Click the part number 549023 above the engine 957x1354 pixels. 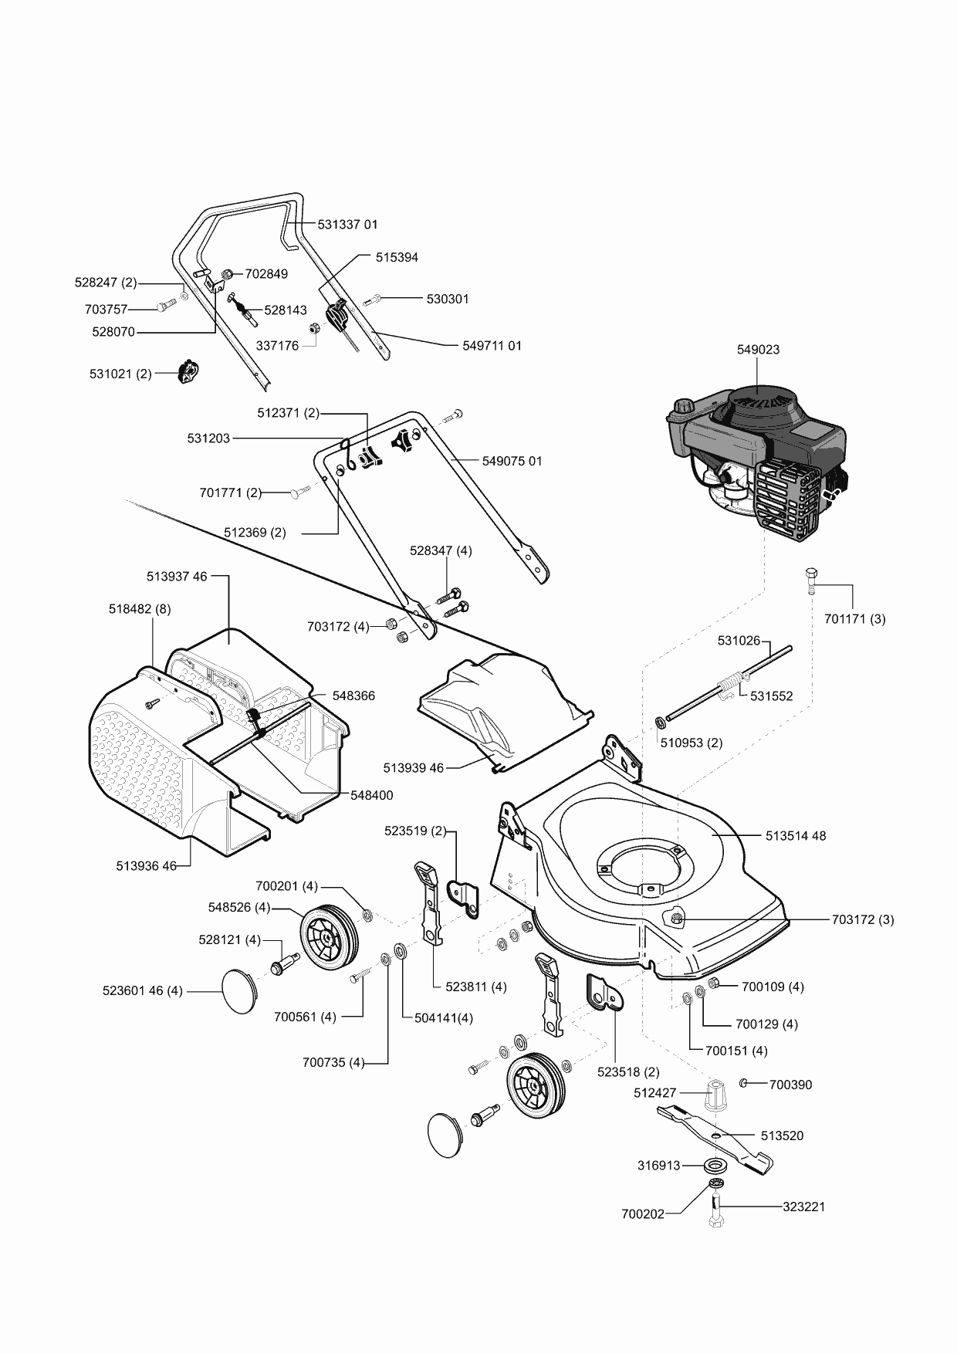pos(758,349)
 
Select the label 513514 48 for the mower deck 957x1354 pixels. pos(796,835)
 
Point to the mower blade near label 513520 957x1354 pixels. pos(714,1136)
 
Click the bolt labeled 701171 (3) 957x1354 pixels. pos(810,579)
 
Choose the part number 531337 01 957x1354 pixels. pos(348,224)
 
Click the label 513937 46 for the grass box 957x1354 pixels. pos(177,576)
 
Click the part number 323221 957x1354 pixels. pos(803,1206)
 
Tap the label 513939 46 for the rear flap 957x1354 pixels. pos(414,767)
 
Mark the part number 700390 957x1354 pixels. pos(790,1084)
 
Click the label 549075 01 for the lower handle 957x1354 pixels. pos(512,461)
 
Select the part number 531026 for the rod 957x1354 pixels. pos(739,640)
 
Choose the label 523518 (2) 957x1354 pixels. pos(628,1071)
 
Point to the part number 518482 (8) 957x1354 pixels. pos(140,608)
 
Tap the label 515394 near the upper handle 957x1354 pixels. pos(397,257)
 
